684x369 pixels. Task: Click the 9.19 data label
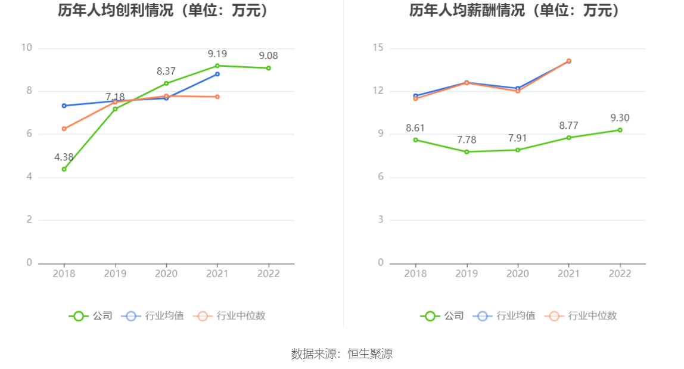[217, 54]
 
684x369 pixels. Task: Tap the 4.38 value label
[64, 157]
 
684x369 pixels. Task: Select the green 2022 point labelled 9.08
[269, 68]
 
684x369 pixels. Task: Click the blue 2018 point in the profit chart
[64, 106]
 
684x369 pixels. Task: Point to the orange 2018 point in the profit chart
[64, 129]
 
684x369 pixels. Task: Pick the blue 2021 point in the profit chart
[217, 74]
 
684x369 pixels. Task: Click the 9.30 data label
[620, 118]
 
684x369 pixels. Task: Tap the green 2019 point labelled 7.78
[467, 152]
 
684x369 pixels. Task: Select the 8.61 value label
[415, 128]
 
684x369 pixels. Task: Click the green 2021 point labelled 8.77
[569, 138]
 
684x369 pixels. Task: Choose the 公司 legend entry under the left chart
[91, 316]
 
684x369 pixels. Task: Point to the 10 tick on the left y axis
[26, 48]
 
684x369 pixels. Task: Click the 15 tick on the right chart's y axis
[378, 48]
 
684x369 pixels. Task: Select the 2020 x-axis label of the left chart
[166, 274]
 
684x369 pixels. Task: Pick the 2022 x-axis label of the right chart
[620, 274]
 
